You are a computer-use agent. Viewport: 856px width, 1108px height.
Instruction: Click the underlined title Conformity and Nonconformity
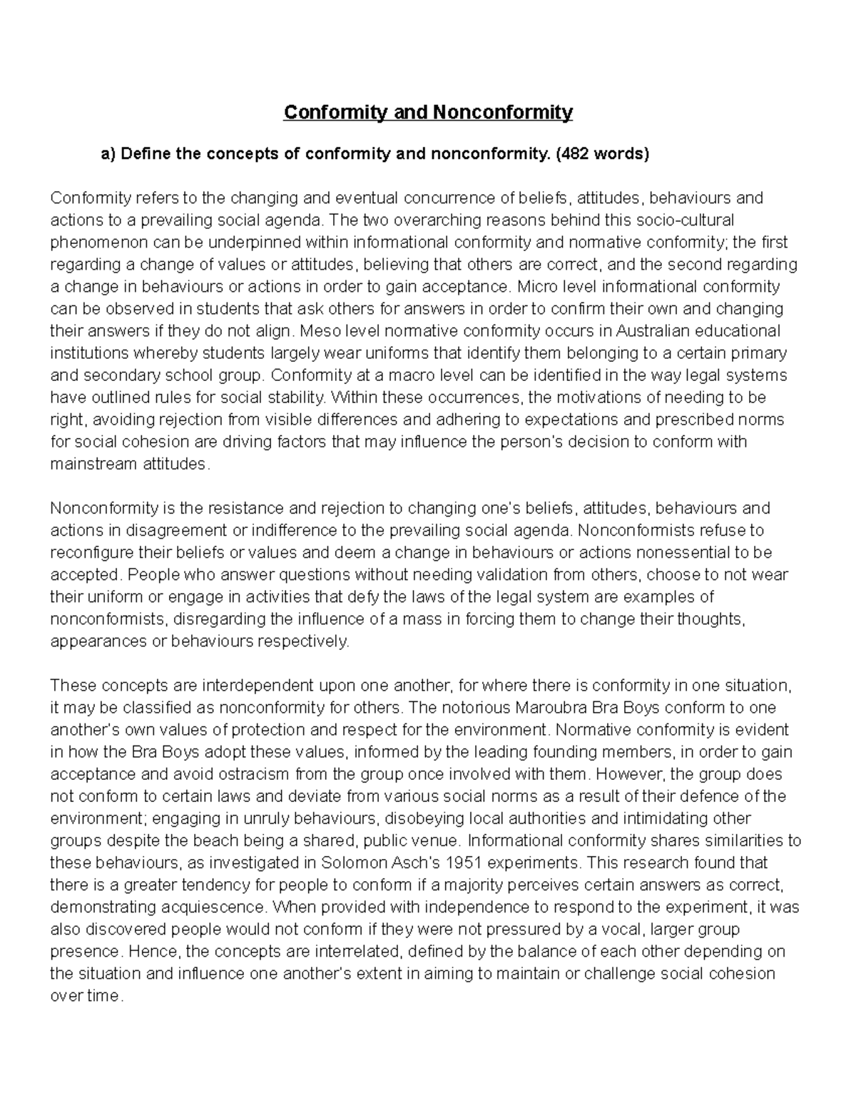[428, 113]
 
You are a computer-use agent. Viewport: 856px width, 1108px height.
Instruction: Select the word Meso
[318, 331]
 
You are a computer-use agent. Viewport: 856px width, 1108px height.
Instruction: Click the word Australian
[653, 331]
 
